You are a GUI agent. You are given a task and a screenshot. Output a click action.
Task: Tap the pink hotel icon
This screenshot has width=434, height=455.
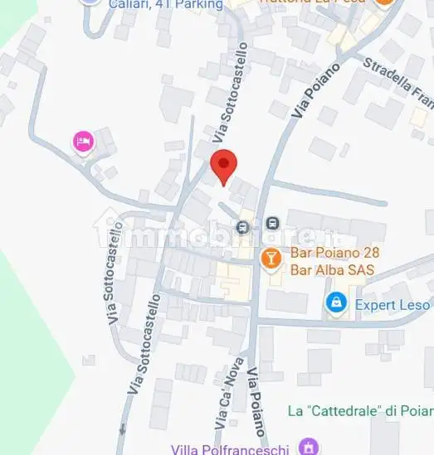coord(83,142)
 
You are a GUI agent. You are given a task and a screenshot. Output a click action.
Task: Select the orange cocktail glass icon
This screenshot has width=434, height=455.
coord(271,259)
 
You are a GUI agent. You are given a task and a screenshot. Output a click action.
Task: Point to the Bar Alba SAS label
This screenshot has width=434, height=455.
coord(332,270)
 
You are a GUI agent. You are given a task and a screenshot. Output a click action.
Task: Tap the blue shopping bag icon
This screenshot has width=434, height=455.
coord(336,303)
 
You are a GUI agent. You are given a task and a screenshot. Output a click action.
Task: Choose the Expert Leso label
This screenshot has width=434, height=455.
coord(393,304)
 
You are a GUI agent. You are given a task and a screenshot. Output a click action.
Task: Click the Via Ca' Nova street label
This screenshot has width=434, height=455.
coord(223,398)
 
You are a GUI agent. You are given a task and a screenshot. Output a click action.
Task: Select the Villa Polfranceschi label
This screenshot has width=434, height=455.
coord(231,449)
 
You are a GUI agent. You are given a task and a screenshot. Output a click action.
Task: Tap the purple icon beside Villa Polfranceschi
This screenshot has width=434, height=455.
coord(309,448)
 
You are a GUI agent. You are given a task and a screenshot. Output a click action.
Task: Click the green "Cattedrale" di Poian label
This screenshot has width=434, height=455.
coord(360,410)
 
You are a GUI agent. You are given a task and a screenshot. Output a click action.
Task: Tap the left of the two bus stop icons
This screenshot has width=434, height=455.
coord(243,226)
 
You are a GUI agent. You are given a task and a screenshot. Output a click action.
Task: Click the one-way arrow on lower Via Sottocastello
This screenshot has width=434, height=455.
coord(123,428)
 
